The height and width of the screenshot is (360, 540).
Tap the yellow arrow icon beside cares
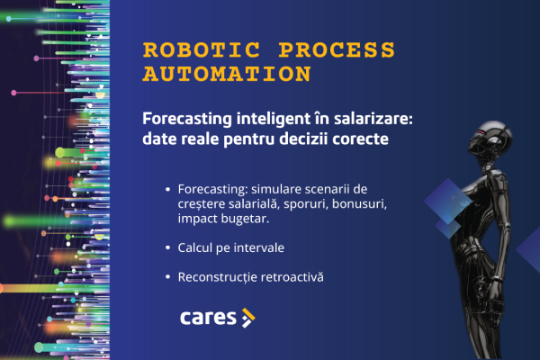click(248, 317)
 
